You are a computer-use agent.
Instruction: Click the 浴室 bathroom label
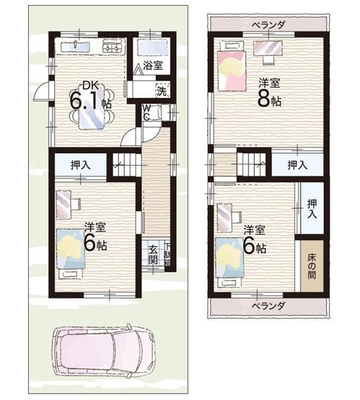153,65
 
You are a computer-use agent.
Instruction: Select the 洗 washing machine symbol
163,90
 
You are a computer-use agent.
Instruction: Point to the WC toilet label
146,112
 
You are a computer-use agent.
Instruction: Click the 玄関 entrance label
153,255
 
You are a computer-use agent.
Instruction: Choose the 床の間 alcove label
312,265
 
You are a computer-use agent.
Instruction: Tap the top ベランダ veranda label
268,25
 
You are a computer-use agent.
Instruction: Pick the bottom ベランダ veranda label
268,305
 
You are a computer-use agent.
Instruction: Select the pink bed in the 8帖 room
232,71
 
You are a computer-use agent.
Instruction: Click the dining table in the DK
91,106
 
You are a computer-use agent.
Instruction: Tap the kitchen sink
76,47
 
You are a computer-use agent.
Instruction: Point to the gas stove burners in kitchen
112,47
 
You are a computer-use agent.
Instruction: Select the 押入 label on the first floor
81,165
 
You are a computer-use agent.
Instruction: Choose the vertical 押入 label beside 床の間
312,209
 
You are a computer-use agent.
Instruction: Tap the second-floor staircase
252,164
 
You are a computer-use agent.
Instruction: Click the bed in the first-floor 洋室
71,249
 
